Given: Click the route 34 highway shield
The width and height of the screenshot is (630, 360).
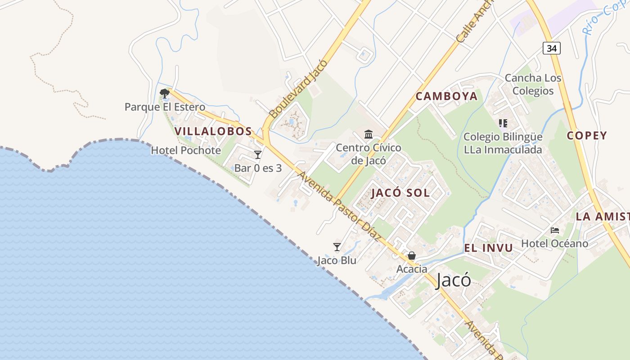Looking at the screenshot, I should [551, 48].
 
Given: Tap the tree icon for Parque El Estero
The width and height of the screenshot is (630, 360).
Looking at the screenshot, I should [165, 94].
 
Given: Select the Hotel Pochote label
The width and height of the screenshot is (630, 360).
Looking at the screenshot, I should [186, 150].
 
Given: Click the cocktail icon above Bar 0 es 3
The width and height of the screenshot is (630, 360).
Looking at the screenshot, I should [258, 155].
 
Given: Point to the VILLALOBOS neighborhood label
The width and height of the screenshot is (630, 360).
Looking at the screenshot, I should [213, 131].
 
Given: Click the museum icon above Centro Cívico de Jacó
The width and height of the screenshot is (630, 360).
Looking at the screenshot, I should [369, 134].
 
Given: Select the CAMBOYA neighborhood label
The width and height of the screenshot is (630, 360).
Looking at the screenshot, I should [446, 96].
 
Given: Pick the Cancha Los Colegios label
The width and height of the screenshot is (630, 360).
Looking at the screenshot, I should [533, 84].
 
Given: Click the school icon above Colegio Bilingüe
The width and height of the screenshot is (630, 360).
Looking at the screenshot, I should [503, 123].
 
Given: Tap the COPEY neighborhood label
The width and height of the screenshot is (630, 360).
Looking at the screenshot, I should [587, 135].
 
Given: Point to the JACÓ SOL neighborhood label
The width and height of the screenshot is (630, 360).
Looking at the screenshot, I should [400, 193].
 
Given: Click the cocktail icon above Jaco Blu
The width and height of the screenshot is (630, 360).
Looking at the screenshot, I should [337, 247].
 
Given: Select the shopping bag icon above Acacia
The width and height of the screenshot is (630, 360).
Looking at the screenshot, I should [411, 256].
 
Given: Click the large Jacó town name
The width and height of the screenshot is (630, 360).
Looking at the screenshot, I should [454, 280].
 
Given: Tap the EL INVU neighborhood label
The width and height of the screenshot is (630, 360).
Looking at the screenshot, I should [488, 248].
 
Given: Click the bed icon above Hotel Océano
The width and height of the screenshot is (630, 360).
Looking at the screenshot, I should [555, 230].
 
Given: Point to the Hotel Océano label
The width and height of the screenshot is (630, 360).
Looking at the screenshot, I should [554, 243].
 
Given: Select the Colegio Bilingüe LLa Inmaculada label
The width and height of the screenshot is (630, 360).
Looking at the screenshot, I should [503, 143].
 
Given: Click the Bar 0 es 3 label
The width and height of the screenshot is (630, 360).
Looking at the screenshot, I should [258, 168].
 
